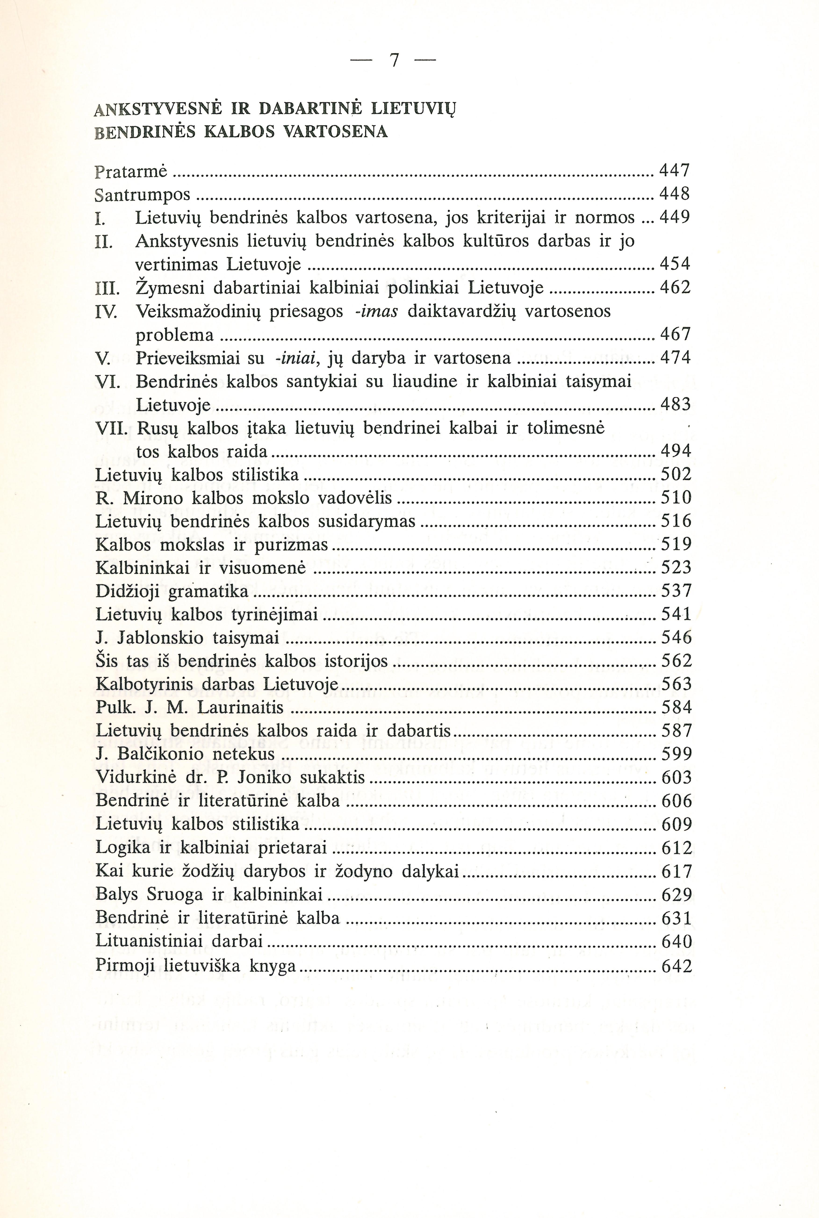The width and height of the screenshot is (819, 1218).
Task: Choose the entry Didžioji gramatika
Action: tap(172, 591)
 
